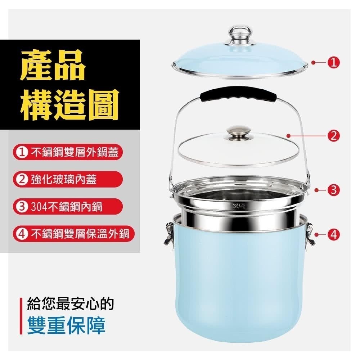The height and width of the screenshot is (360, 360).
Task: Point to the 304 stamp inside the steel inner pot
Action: coord(239,206)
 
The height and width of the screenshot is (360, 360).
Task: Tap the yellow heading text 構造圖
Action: coord(69,104)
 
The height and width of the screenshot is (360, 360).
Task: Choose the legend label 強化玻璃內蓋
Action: coord(63,179)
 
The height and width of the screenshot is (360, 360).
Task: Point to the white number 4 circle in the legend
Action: coord(22,234)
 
